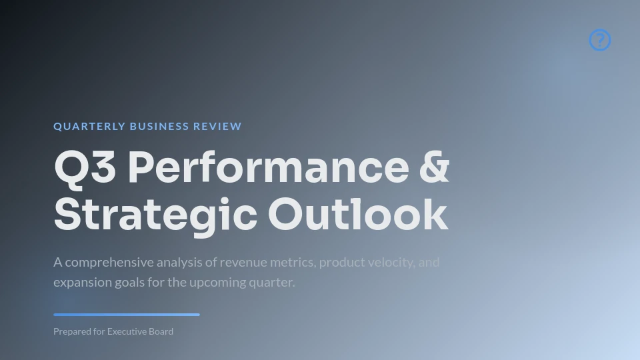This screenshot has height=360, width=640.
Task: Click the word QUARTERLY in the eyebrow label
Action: pos(89,127)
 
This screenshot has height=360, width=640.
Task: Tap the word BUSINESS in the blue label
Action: pos(159,127)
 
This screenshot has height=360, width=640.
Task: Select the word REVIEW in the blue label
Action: pos(217,127)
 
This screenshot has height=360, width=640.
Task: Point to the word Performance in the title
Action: pos(269,167)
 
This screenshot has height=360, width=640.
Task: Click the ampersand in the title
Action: pos(434,167)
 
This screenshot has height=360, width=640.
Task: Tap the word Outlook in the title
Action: pos(359,214)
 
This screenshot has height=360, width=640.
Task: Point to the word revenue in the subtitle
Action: pos(243,263)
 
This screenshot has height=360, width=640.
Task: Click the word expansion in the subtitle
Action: pos(83,283)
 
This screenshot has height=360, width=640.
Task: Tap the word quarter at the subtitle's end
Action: pos(272,283)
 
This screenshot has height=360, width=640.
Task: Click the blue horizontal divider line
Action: pos(127,315)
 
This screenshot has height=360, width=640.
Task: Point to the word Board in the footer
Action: pos(161,331)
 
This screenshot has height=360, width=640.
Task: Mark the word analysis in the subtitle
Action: pos(179,263)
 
